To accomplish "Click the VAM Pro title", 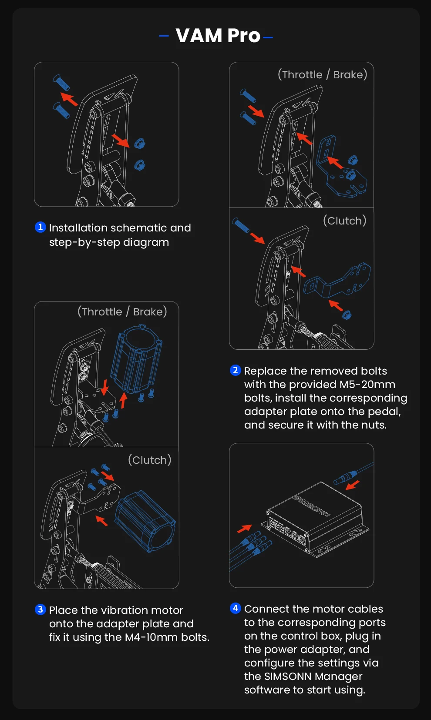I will coord(218,36).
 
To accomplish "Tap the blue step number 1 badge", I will coord(40,227).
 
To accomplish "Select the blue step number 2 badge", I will coord(235,370).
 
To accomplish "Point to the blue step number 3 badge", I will coord(40,609).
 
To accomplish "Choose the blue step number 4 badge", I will coord(235,608).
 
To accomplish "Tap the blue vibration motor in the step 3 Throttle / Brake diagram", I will coord(137,358).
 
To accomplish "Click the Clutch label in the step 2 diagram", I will coord(344,221).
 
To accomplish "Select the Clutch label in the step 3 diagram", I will coord(149,460).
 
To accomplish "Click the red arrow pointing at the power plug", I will coord(352,485).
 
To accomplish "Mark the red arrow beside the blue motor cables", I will coord(244,529).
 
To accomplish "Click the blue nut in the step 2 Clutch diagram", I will coord(347,315).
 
